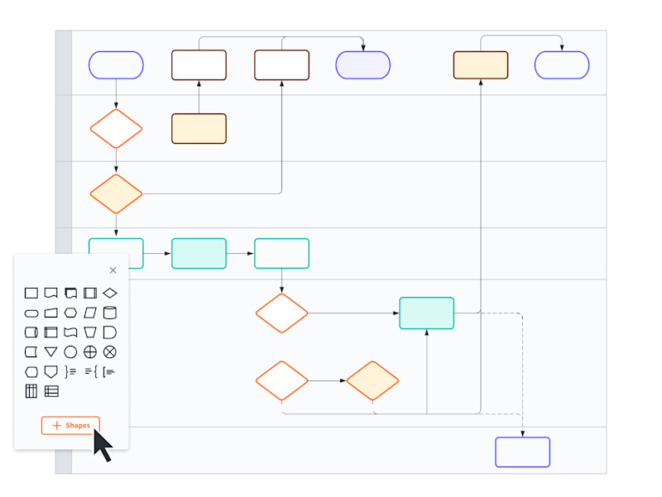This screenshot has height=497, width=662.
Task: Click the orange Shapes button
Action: click(70, 426)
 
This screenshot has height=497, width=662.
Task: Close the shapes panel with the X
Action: click(113, 270)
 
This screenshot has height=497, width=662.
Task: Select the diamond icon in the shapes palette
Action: click(110, 293)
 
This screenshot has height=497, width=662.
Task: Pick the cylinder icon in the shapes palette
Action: click(110, 313)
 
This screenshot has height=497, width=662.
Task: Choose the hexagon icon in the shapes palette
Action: click(70, 313)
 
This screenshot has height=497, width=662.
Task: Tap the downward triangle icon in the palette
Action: click(50, 352)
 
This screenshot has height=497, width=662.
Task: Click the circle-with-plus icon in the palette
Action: click(90, 352)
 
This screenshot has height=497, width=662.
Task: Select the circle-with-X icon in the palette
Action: click(110, 352)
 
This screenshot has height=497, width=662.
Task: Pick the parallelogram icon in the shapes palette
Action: click(90, 313)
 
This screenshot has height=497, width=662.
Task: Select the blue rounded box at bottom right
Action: click(522, 452)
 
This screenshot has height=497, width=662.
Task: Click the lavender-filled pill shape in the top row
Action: click(362, 65)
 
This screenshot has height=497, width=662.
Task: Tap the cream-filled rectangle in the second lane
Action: click(199, 129)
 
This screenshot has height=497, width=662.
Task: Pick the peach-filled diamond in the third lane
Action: click(116, 194)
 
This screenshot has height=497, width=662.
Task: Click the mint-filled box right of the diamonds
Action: click(426, 313)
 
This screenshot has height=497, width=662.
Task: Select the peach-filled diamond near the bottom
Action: click(372, 381)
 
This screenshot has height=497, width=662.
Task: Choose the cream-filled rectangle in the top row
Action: click(480, 65)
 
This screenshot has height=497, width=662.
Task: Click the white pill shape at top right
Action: click(562, 65)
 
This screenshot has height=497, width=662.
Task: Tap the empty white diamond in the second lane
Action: click(116, 129)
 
